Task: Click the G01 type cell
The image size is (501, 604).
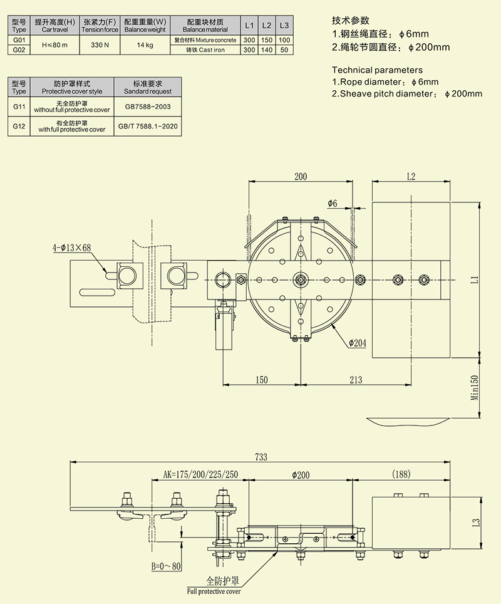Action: click(19, 39)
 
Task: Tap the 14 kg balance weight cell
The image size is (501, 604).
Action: click(145, 45)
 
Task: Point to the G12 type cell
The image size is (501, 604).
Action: click(19, 127)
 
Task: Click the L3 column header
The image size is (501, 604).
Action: click(284, 26)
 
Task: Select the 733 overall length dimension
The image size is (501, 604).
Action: click(261, 457)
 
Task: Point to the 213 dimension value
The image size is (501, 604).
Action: click(356, 380)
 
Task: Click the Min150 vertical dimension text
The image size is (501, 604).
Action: click(474, 387)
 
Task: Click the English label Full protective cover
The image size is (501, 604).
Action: click(214, 591)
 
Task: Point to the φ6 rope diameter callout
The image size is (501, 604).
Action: click(332, 204)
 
